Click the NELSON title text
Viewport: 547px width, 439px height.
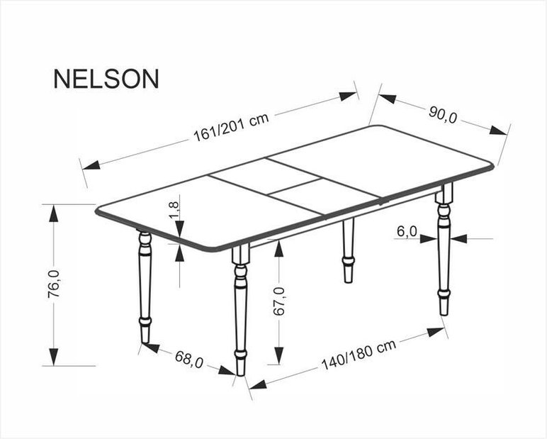tap(106, 79)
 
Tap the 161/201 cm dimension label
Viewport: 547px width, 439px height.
tap(231, 126)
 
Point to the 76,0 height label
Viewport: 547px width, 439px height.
tap(54, 284)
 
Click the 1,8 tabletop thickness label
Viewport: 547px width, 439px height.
tap(174, 210)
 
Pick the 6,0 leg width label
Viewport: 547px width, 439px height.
tap(407, 231)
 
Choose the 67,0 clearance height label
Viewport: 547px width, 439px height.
tap(279, 301)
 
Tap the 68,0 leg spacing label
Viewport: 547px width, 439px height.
tap(188, 359)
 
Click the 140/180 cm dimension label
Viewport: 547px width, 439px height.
tap(359, 354)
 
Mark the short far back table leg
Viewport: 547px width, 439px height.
tap(348, 250)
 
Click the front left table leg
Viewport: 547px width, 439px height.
tap(240, 310)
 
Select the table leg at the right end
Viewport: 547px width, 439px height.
tap(444, 249)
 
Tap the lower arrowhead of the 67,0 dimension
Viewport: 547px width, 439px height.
tap(279, 355)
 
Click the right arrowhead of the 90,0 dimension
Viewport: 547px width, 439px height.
tap(498, 130)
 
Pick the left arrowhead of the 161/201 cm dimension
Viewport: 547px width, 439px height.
tap(91, 165)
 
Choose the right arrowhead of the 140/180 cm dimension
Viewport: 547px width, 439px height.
tap(435, 331)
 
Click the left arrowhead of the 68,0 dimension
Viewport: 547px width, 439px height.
tap(150, 348)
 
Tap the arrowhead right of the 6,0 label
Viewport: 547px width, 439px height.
tap(458, 239)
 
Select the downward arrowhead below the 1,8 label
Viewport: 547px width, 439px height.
tap(180, 228)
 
